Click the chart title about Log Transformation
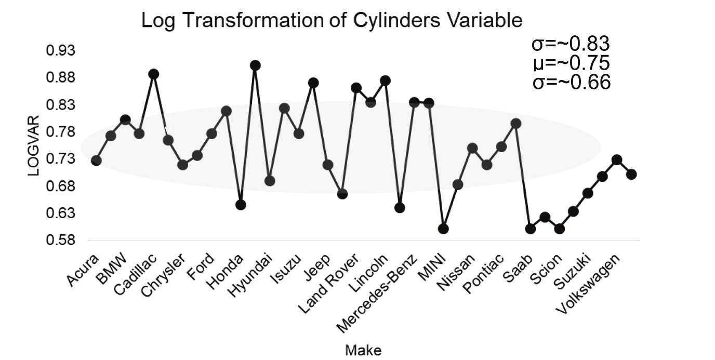[x=332, y=20]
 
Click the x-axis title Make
[x=363, y=350]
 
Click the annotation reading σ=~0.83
[x=571, y=44]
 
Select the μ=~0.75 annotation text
[x=571, y=63]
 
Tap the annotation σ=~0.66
[x=571, y=82]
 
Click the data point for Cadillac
[x=154, y=74]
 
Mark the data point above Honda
[x=241, y=205]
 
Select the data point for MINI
[x=443, y=229]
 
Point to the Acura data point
[x=96, y=161]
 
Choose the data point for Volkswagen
[x=617, y=160]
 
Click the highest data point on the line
[x=255, y=65]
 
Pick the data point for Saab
[x=530, y=229]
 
